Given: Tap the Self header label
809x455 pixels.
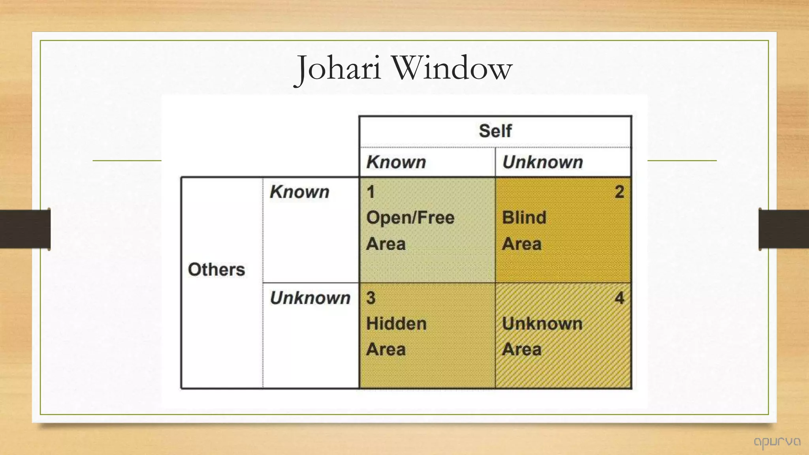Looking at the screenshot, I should pyautogui.click(x=495, y=131).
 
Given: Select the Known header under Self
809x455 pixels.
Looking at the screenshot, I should pyautogui.click(x=396, y=162).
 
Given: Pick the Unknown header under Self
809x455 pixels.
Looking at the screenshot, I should pyautogui.click(x=542, y=162).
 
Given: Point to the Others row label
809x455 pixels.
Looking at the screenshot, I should pyautogui.click(x=216, y=270).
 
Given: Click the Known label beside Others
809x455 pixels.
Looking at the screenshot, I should pyautogui.click(x=299, y=192).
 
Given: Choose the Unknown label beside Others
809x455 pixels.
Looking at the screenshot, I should pyautogui.click(x=310, y=298).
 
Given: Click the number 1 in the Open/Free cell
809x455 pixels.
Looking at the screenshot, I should pyautogui.click(x=371, y=192).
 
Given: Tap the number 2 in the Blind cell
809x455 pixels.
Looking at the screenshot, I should pyautogui.click(x=619, y=192).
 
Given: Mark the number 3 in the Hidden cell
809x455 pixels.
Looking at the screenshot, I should pyautogui.click(x=371, y=298).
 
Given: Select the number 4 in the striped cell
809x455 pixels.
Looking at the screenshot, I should pyautogui.click(x=619, y=298).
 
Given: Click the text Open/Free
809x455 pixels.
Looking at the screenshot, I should pyautogui.click(x=410, y=218).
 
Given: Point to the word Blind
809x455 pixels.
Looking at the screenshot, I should pyautogui.click(x=524, y=218).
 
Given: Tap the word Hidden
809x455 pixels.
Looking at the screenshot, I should pyautogui.click(x=396, y=324).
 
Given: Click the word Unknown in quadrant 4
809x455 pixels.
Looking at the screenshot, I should pyautogui.click(x=542, y=324).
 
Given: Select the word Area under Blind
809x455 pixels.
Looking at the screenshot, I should pyautogui.click(x=521, y=244).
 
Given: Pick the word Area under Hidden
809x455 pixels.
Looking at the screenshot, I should pyautogui.click(x=386, y=350).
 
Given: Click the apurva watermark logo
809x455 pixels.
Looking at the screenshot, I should pyautogui.click(x=777, y=442).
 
